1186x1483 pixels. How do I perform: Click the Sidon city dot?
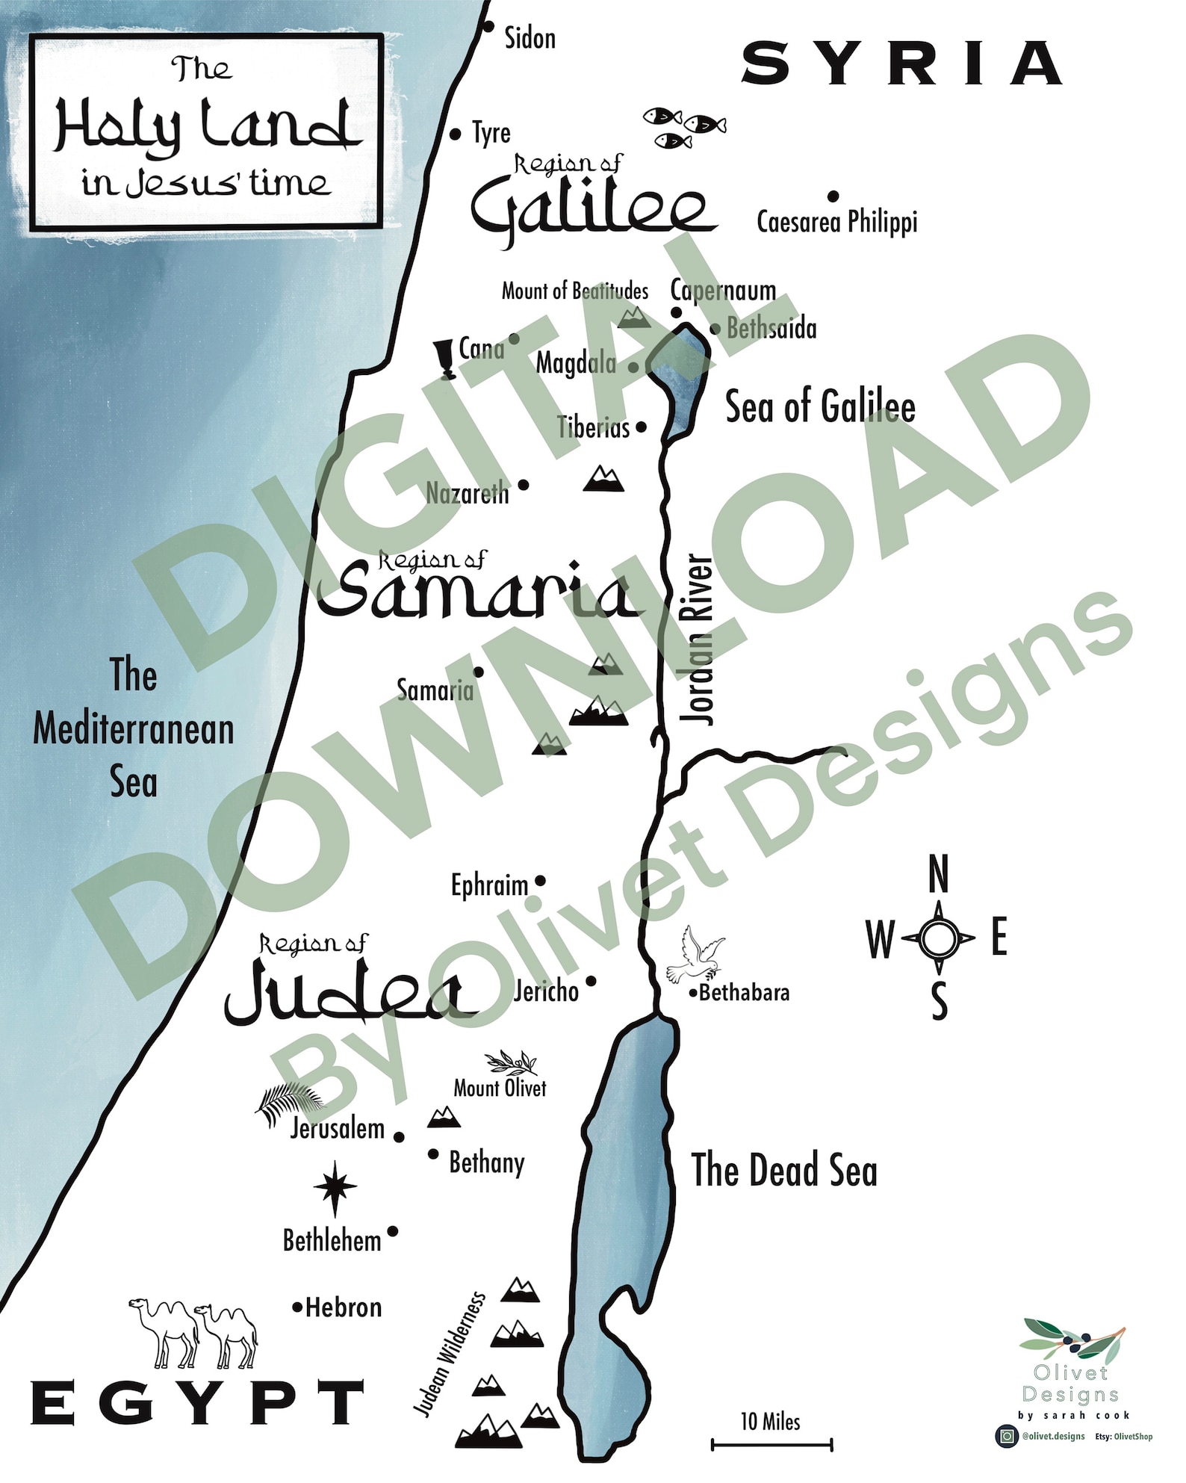click(488, 27)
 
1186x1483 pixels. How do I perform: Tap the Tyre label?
click(491, 133)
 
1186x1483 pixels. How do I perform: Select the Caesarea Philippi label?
click(836, 222)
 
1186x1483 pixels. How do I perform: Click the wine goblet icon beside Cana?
click(447, 359)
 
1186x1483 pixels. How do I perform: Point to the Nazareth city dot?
click(524, 485)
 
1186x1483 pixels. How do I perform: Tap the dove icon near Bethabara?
click(695, 955)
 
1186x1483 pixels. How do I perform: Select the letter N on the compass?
click(938, 875)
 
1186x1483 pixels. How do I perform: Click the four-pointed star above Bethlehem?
click(335, 1186)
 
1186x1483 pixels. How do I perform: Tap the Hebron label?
click(344, 1307)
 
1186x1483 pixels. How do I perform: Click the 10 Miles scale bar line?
click(771, 1446)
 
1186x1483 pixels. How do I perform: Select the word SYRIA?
click(901, 64)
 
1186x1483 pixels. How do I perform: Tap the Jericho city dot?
click(591, 981)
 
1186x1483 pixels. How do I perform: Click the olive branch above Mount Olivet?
click(512, 1062)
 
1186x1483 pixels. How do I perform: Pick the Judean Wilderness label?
click(450, 1354)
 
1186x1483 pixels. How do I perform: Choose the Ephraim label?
click(489, 885)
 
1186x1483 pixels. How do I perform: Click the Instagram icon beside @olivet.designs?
click(1007, 1436)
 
